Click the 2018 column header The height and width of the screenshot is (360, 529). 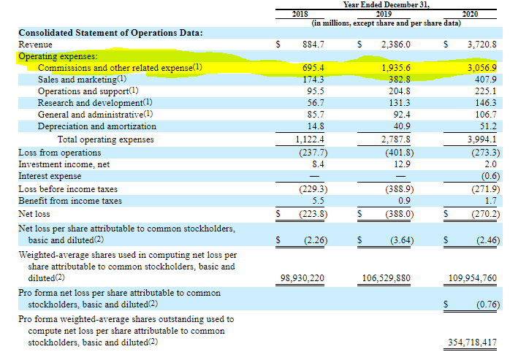[x=300, y=14]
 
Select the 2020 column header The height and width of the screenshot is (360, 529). [x=470, y=14]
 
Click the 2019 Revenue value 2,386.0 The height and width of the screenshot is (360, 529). [x=396, y=45]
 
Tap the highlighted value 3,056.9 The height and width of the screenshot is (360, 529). [x=482, y=68]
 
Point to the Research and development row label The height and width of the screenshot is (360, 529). [x=95, y=103]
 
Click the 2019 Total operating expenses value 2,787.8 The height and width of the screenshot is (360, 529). [x=396, y=139]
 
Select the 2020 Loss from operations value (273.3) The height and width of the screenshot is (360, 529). [x=485, y=153]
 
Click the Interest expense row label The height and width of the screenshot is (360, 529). [x=50, y=176]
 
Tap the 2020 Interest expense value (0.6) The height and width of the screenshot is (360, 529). [x=490, y=176]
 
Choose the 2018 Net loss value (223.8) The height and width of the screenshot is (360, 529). [x=313, y=214]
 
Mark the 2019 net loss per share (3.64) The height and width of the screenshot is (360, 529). [x=402, y=240]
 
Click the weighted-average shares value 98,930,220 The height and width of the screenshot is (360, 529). [x=302, y=278]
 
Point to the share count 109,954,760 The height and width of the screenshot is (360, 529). [x=472, y=278]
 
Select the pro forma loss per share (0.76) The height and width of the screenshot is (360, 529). [x=488, y=305]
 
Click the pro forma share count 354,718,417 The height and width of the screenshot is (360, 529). [x=472, y=342]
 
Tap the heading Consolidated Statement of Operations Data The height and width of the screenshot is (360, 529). [x=110, y=33]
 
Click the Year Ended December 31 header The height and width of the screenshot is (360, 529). [x=387, y=4]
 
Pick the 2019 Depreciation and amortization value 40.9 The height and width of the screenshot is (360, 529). [x=402, y=126]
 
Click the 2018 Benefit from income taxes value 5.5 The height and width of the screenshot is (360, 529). [x=318, y=201]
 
